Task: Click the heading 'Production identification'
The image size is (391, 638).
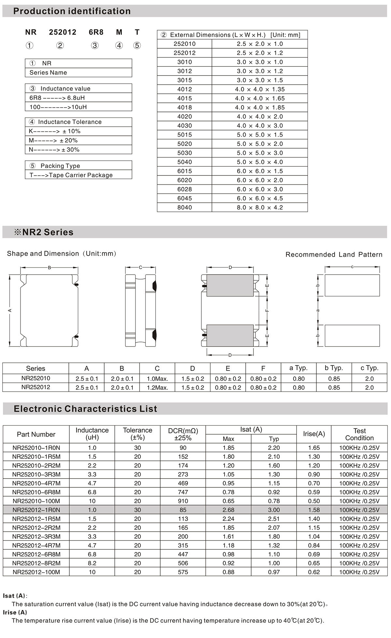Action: click(x=72, y=11)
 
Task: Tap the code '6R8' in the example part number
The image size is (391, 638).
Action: click(x=96, y=32)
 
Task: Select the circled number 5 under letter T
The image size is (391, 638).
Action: click(x=137, y=46)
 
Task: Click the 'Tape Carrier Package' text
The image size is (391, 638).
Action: click(x=80, y=175)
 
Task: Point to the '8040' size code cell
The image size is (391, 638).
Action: click(x=184, y=207)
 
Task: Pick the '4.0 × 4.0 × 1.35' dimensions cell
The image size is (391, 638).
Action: click(x=260, y=89)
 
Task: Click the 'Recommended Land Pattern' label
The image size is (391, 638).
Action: click(x=334, y=254)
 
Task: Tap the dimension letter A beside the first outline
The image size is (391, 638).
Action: click(x=10, y=310)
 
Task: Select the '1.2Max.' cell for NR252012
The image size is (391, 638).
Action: click(x=157, y=387)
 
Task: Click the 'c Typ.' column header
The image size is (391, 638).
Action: click(x=369, y=368)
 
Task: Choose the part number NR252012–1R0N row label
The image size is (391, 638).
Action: click(x=36, y=510)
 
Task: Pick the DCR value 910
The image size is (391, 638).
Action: click(x=183, y=501)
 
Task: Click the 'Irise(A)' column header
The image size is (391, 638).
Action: click(x=314, y=434)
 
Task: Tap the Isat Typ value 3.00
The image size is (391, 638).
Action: click(x=274, y=510)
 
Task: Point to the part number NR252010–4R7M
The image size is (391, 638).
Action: click(x=36, y=483)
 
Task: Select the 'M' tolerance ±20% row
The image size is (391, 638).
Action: click(x=78, y=140)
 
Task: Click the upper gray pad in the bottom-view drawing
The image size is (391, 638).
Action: click(x=230, y=285)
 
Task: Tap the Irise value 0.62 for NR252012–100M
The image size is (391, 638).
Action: click(x=314, y=572)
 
